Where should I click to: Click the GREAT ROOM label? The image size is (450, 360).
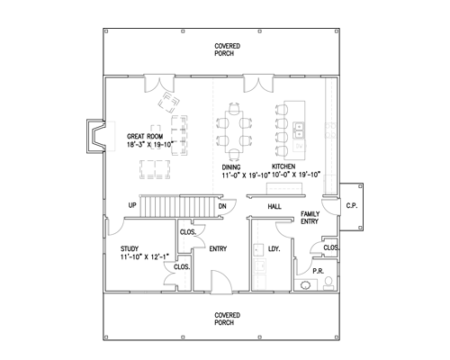145,136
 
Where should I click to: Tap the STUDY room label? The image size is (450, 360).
130,248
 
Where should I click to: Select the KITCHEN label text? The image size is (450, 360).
283,166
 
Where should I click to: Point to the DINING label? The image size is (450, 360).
231,167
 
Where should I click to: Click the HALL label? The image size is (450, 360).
274,206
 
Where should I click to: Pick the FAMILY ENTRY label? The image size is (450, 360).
310,218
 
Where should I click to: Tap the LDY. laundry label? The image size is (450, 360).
274,248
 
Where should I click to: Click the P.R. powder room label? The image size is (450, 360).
319,271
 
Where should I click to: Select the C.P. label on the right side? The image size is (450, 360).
352,206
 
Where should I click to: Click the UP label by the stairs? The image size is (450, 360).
132,205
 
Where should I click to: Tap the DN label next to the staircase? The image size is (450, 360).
222,206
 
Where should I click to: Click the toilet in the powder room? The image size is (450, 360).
328,283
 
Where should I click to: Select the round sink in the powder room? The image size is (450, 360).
306,285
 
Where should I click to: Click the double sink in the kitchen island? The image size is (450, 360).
299,130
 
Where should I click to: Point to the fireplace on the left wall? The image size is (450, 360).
96,136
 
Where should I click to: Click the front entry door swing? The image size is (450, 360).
221,282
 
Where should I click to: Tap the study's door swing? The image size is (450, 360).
115,228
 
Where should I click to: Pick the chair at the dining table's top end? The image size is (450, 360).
234,108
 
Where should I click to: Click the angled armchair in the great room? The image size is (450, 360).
169,103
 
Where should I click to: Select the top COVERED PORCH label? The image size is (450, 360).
228,49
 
